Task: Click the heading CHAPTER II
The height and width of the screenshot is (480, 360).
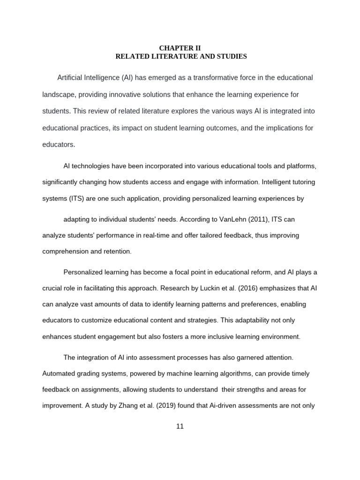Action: point(180,48)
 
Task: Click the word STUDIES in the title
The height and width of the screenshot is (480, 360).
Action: point(231,57)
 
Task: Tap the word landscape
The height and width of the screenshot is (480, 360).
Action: point(58,94)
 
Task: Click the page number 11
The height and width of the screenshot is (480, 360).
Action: point(180,426)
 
